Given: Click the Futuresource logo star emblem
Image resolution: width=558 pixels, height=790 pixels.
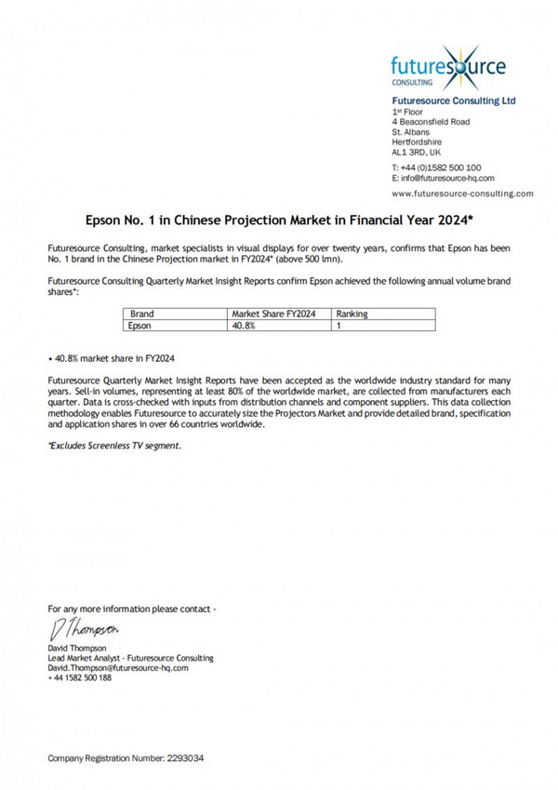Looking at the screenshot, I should tap(462, 65).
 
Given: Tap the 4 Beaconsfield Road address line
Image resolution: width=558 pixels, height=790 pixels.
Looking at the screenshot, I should tap(431, 122).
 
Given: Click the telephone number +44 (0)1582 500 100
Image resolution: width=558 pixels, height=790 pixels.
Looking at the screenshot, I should tap(436, 167).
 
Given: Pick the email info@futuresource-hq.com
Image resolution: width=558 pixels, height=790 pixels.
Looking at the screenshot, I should tap(443, 177).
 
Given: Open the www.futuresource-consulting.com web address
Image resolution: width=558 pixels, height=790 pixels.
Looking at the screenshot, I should tap(462, 194).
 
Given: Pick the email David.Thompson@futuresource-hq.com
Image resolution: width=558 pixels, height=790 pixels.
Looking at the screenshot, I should tap(118, 667).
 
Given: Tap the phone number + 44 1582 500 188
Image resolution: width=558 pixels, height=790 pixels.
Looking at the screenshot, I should tap(80, 677).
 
